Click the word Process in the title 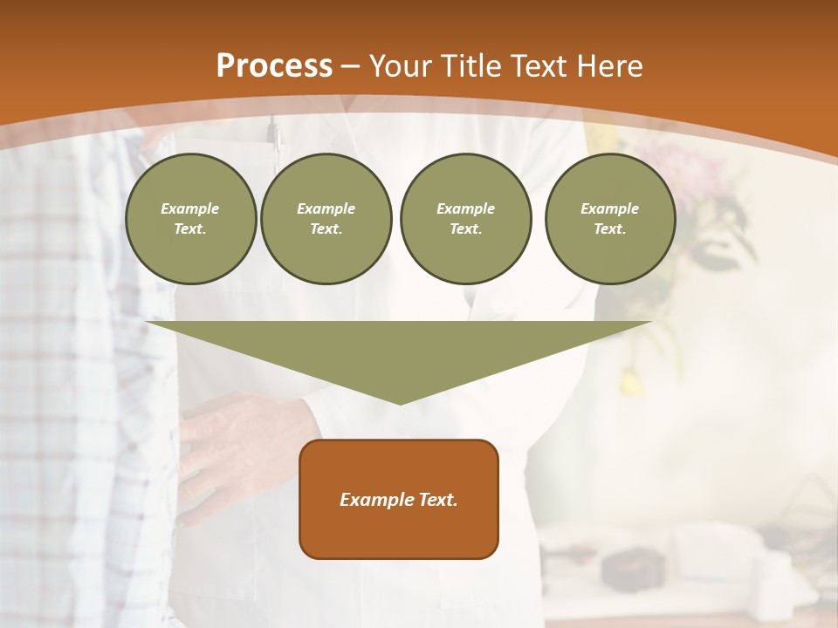(274, 66)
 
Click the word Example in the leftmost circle (189, 208)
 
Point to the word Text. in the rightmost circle (609, 229)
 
